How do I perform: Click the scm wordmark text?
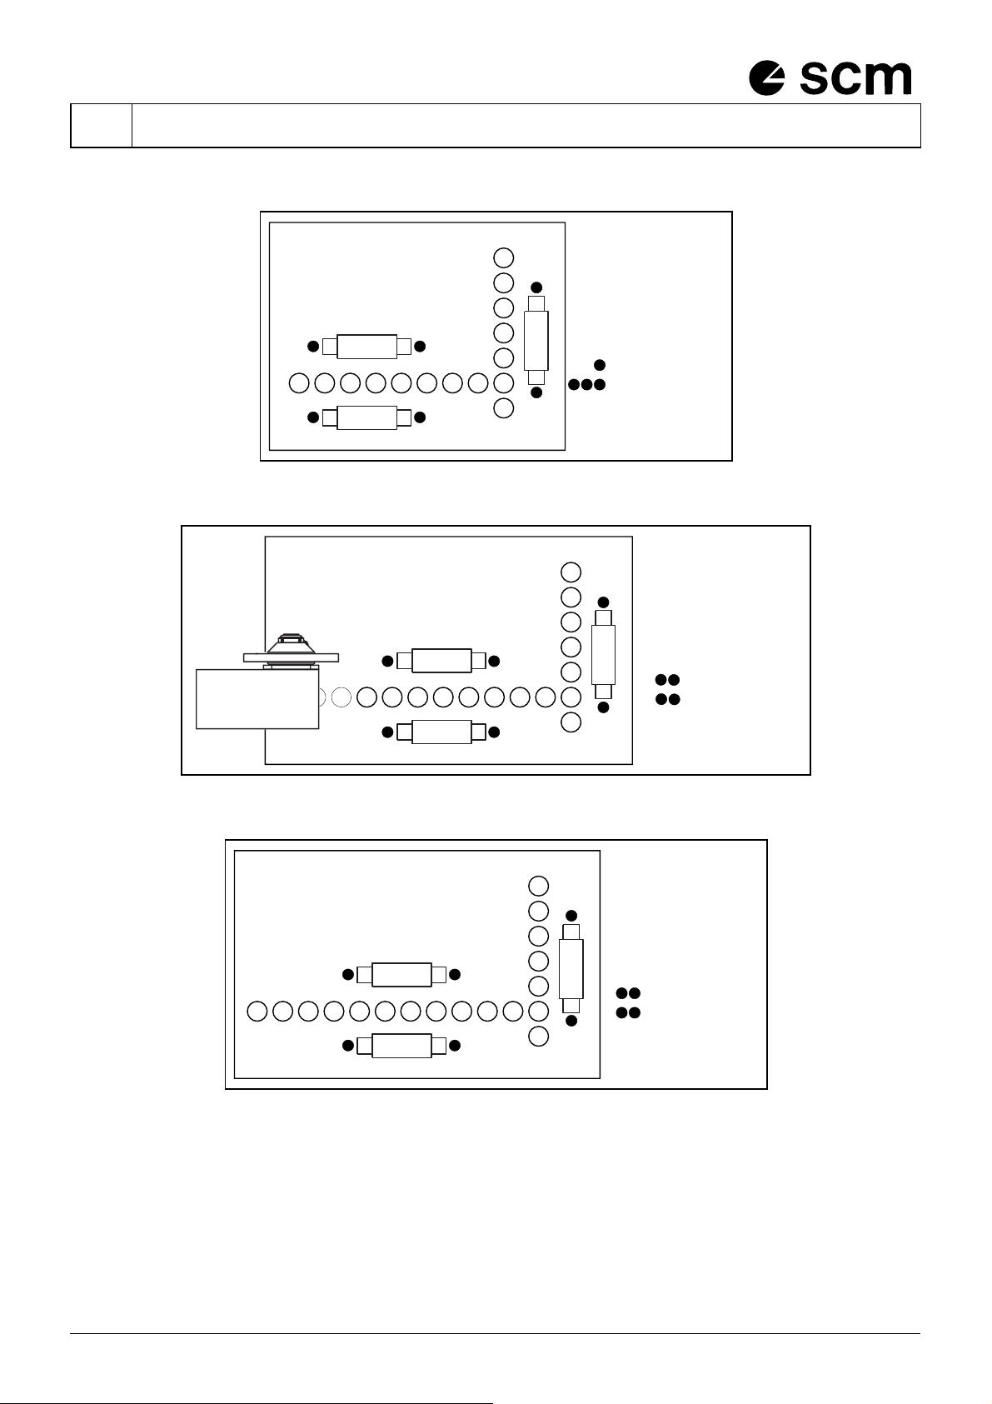855,78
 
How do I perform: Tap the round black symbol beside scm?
766,78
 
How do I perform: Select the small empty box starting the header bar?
101,126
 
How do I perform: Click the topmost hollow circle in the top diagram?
503,257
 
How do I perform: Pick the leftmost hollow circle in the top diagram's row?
299,383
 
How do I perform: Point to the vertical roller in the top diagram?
536,340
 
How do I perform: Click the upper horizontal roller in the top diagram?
366,347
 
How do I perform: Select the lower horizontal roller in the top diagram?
366,417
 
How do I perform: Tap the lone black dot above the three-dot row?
600,365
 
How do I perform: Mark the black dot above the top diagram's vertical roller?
536,287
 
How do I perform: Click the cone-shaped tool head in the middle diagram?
291,649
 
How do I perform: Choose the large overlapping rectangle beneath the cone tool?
257,699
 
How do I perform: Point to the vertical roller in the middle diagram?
604,654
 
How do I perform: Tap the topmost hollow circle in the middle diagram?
571,572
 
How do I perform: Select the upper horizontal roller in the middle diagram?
441,661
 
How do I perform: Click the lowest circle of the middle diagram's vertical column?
571,722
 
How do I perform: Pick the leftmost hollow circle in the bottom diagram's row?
257,1011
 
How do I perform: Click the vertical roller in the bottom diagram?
571,968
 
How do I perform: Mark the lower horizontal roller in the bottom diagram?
401,1046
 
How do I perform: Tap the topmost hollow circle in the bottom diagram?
538,886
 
